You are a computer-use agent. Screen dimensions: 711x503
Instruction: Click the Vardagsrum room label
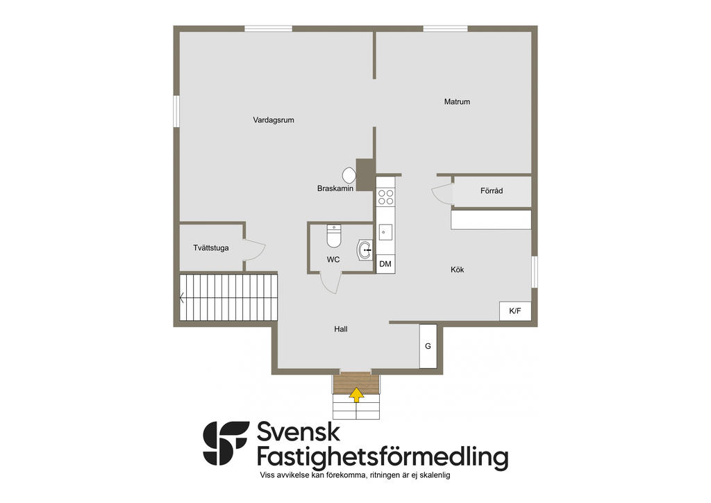tap(274, 120)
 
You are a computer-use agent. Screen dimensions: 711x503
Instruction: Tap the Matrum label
tap(457, 101)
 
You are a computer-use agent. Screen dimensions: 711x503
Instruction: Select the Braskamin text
tap(335, 188)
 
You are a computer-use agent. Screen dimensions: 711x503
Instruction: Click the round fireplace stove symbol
tap(349, 175)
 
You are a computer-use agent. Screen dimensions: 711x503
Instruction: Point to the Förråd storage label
tap(492, 191)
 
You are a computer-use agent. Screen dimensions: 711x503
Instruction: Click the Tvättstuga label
tap(211, 248)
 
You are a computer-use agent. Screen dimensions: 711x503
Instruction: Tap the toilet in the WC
tap(334, 236)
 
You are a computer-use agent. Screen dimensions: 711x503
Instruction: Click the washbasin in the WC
tap(365, 250)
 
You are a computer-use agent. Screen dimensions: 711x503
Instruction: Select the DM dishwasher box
tap(385, 264)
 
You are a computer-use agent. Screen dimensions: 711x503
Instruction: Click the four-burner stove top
tap(386, 197)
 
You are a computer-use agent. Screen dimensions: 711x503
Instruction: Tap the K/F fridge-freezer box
tap(515, 311)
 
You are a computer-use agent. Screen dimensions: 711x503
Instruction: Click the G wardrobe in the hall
tap(428, 346)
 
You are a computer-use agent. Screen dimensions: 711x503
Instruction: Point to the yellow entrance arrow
tap(357, 395)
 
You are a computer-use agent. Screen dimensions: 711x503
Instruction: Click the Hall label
tap(340, 329)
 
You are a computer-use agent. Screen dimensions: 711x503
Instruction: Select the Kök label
tap(457, 270)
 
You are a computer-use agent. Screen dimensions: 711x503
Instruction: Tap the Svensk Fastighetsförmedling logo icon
tap(226, 443)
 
